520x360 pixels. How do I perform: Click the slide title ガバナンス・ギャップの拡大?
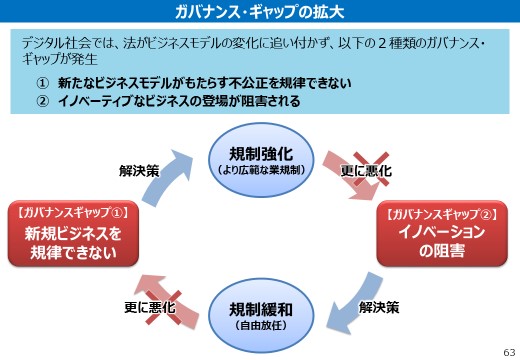click(259, 12)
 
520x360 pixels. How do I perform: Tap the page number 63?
click(508, 350)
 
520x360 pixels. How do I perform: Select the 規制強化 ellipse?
click(260, 160)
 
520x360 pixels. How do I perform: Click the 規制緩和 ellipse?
click(260, 313)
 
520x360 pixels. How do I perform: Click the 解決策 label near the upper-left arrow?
click(138, 171)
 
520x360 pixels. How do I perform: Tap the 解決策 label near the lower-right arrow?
click(379, 306)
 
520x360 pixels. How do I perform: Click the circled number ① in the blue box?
click(42, 85)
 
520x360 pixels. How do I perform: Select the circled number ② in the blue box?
click(42, 102)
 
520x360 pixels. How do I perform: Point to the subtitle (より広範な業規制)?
click(260, 171)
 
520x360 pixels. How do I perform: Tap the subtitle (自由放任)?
click(260, 325)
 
